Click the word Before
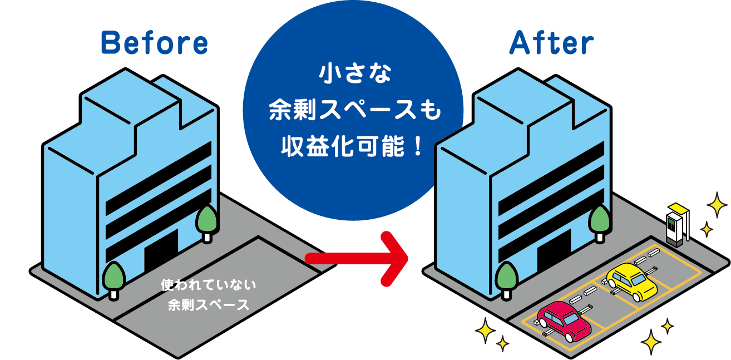tap(154, 43)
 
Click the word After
tap(551, 43)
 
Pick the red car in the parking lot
tap(561, 320)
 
